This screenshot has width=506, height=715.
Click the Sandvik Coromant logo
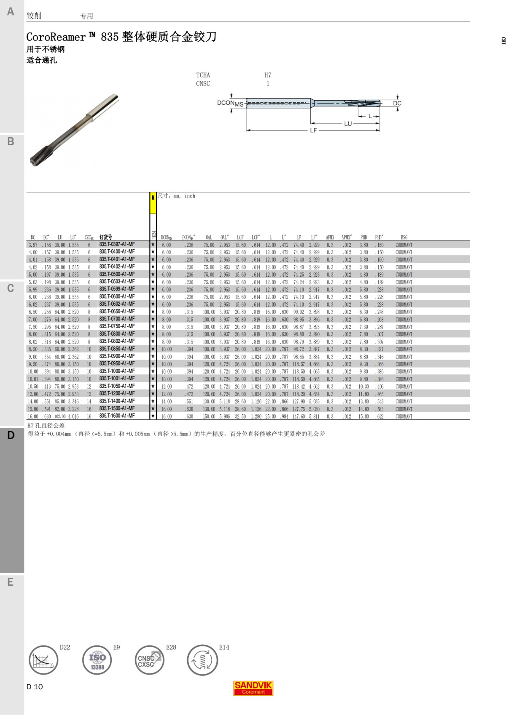point(253,688)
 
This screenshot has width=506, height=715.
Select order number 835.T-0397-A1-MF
point(117,244)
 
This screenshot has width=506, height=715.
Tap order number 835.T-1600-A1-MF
point(117,416)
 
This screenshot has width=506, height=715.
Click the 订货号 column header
point(106,237)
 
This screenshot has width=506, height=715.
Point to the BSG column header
point(404,237)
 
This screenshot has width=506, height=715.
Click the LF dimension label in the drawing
point(313,131)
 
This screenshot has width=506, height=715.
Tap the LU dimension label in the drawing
point(347,124)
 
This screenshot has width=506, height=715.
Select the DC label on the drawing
point(397,103)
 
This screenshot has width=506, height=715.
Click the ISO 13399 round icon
point(97,660)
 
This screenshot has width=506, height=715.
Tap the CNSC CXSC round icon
point(149,660)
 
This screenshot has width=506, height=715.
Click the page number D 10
point(35,687)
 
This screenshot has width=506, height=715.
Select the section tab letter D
point(11,435)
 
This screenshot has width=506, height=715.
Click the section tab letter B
point(11,141)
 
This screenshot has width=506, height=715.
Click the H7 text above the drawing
point(268,75)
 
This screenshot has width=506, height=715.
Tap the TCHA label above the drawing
point(203,75)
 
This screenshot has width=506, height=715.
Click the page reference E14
point(224,647)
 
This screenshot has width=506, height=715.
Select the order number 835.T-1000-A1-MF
point(117,371)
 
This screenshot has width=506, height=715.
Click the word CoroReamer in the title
point(56,37)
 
